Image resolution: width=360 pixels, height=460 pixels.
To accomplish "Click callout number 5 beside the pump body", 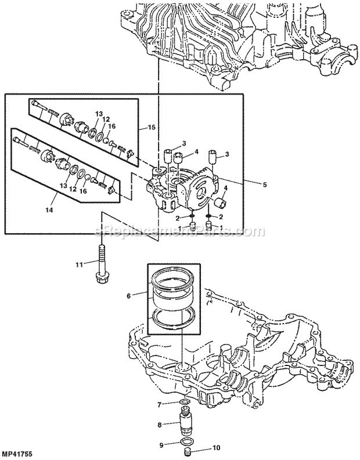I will pyautogui.click(x=265, y=185).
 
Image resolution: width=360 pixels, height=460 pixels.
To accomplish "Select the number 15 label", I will pyautogui.click(x=152, y=127).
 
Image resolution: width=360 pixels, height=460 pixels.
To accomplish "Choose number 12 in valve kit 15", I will pyautogui.click(x=106, y=119).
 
